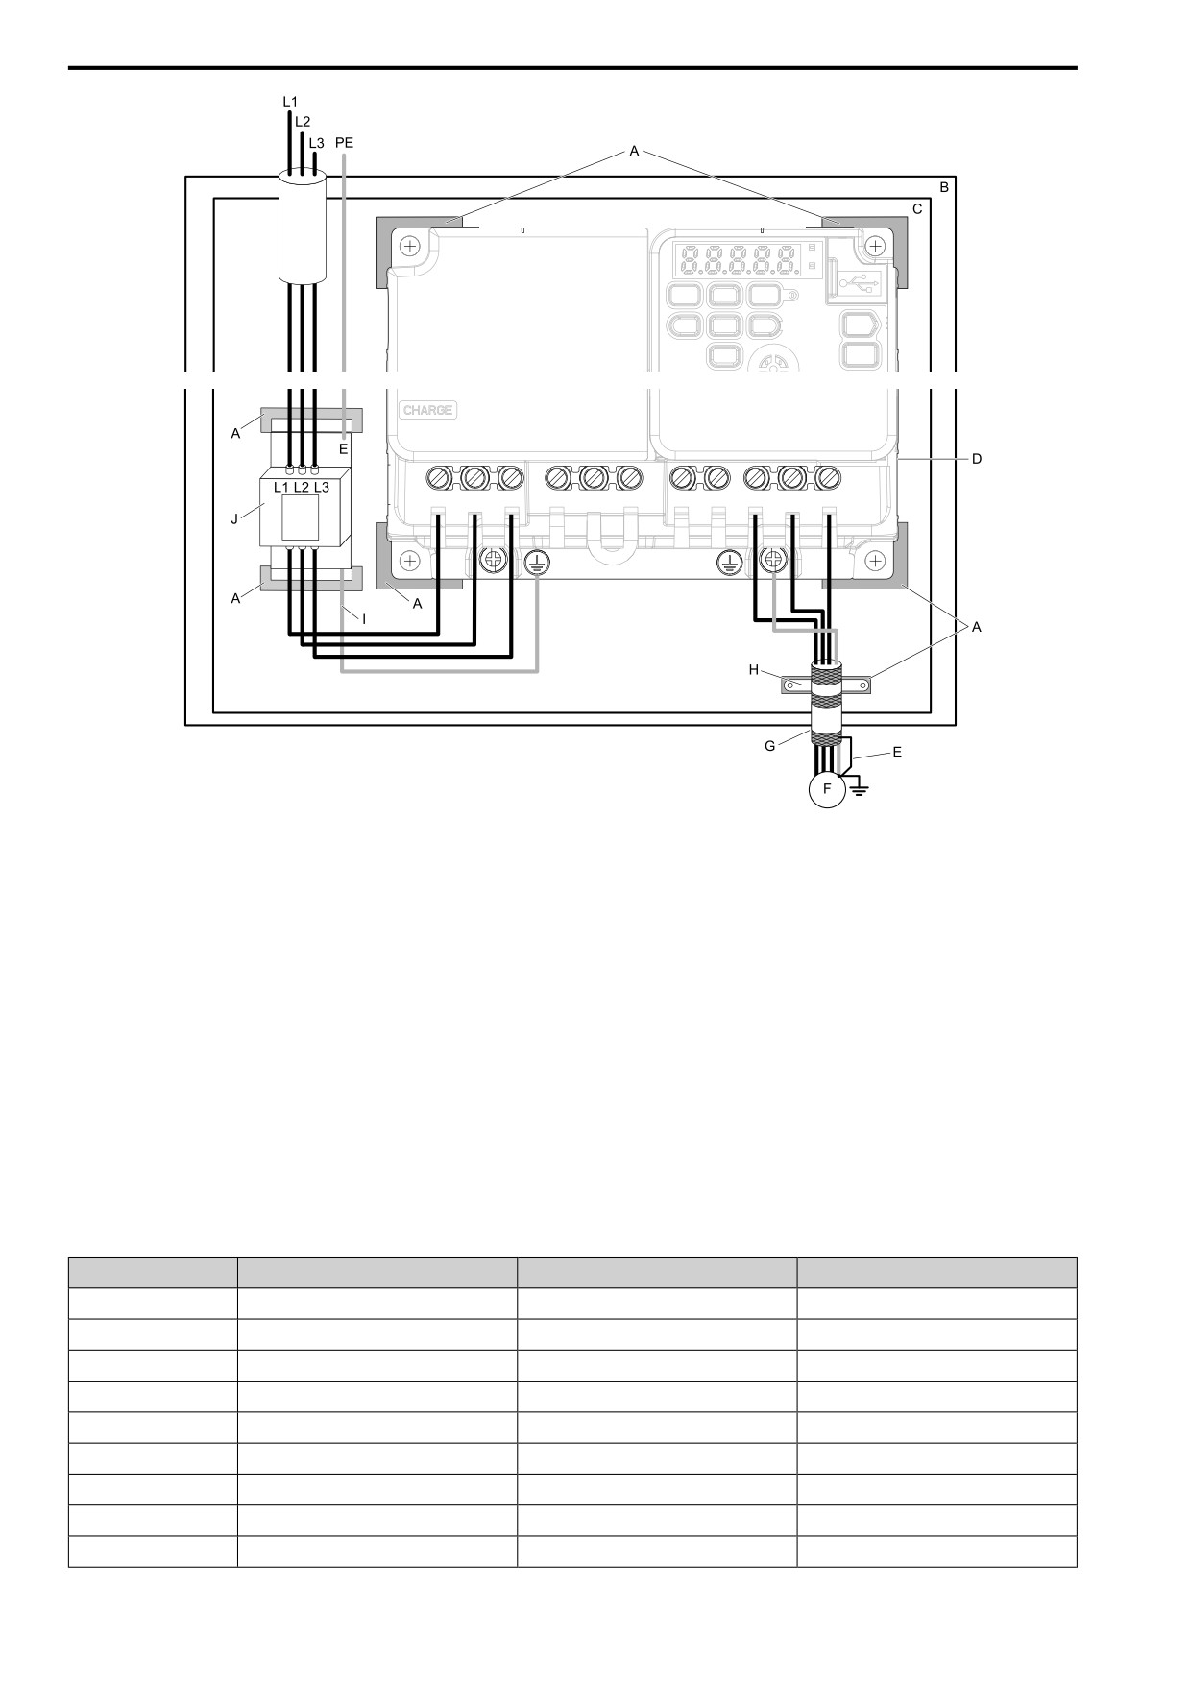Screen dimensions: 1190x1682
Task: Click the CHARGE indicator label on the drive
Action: [x=427, y=410]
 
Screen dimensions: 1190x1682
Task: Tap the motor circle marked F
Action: [x=827, y=789]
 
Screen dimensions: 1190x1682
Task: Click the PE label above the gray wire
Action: [x=344, y=142]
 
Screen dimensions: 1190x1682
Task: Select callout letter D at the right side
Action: [x=977, y=459]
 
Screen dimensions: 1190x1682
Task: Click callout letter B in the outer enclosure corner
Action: [x=944, y=187]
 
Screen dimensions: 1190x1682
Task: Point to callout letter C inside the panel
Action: [x=917, y=208]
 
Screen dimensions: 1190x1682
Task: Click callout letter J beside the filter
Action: [x=234, y=519]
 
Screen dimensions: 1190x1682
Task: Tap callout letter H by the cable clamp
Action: [x=754, y=669]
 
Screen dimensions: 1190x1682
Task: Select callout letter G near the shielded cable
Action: [x=769, y=745]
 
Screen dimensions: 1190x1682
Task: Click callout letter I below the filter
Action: [x=364, y=619]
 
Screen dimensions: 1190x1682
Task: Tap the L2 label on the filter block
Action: [x=302, y=487]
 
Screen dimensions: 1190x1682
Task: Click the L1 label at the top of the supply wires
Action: [x=290, y=100]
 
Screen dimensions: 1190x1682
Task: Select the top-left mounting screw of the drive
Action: [x=411, y=247]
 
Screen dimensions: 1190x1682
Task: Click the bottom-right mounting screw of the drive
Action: [x=876, y=560]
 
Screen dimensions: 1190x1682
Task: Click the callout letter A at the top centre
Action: [x=634, y=151]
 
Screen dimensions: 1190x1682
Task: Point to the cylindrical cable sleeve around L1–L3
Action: [x=304, y=228]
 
